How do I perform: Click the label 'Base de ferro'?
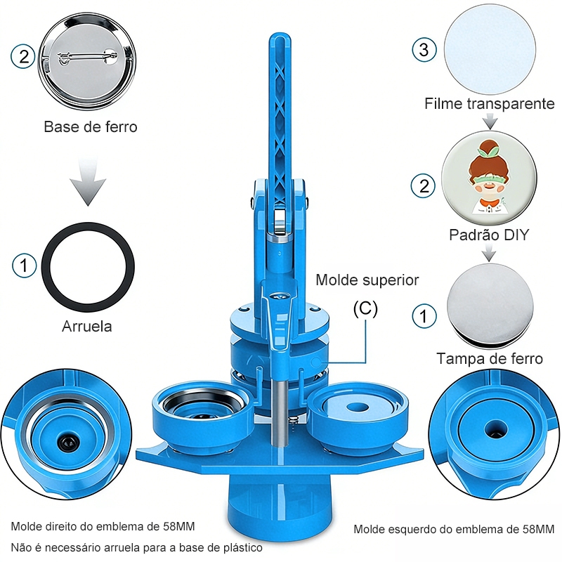coord(91,127)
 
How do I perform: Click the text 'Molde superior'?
coord(367,280)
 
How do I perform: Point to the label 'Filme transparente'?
coord(489,103)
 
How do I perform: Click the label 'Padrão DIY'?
coord(489,235)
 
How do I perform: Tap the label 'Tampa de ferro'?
coord(490,358)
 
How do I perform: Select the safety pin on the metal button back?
coord(87,57)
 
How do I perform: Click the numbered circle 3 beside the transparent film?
coord(424,49)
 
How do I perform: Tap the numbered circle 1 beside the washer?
coord(24,266)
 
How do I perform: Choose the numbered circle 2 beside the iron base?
coord(23,57)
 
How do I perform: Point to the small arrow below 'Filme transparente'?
coord(490,121)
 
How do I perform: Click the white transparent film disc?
coord(490,49)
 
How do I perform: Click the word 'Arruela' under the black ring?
coord(86,326)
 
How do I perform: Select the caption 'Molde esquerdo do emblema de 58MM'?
coord(454,529)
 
